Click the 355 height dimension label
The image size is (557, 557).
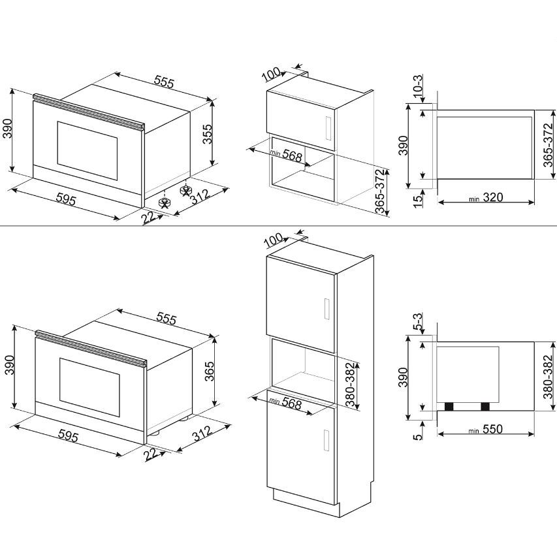tap(207, 134)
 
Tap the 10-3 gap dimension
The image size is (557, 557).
tap(418, 86)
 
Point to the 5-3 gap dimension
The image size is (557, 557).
tap(418, 321)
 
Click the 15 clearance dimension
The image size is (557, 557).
tap(419, 200)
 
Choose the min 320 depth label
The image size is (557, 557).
tap(486, 197)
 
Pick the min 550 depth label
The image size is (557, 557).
tap(486, 429)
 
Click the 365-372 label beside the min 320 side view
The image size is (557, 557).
tap(548, 145)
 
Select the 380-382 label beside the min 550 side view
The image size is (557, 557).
tap(548, 377)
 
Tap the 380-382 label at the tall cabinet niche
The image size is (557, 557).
tap(350, 384)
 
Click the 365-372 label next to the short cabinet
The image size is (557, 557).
tap(381, 191)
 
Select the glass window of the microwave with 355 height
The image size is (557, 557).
tap(88, 151)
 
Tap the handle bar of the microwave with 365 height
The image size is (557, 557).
tap(91, 349)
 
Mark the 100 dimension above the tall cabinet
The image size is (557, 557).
tap(274, 240)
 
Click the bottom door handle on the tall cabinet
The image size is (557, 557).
tap(326, 440)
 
